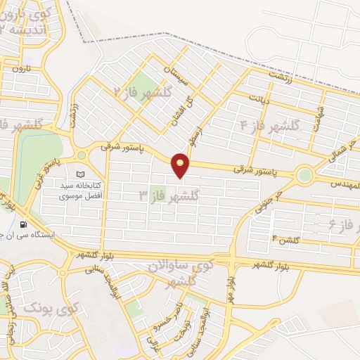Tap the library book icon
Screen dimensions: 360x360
(79, 174)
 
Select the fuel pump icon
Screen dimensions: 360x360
(25, 224)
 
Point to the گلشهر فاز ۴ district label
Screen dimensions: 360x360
(270, 126)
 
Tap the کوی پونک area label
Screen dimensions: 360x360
(50, 307)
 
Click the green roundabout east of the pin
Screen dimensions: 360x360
(304, 175)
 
